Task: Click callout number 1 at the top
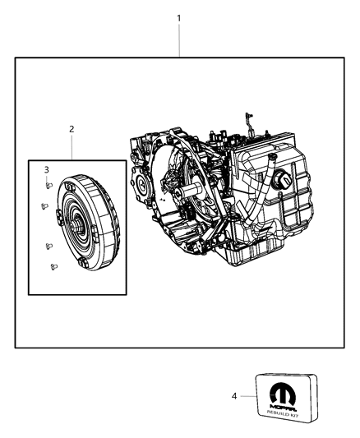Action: pyautogui.click(x=179, y=17)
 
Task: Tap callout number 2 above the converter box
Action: pyautogui.click(x=72, y=129)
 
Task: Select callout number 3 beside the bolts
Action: pyautogui.click(x=47, y=169)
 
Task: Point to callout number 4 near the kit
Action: pyautogui.click(x=235, y=396)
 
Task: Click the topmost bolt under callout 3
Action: pyautogui.click(x=49, y=186)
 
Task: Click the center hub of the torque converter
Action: pyautogui.click(x=76, y=227)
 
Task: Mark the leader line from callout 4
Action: pyautogui.click(x=248, y=396)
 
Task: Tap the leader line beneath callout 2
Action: pyautogui.click(x=72, y=147)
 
